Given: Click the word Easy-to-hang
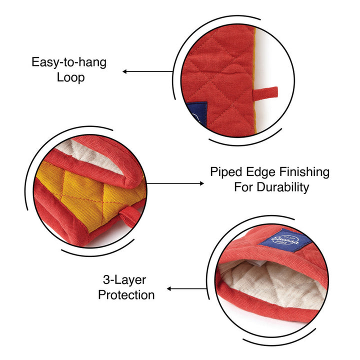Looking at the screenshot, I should tap(69, 62).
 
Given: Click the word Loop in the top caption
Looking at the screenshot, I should tap(70, 77).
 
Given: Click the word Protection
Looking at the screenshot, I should tap(126, 295).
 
